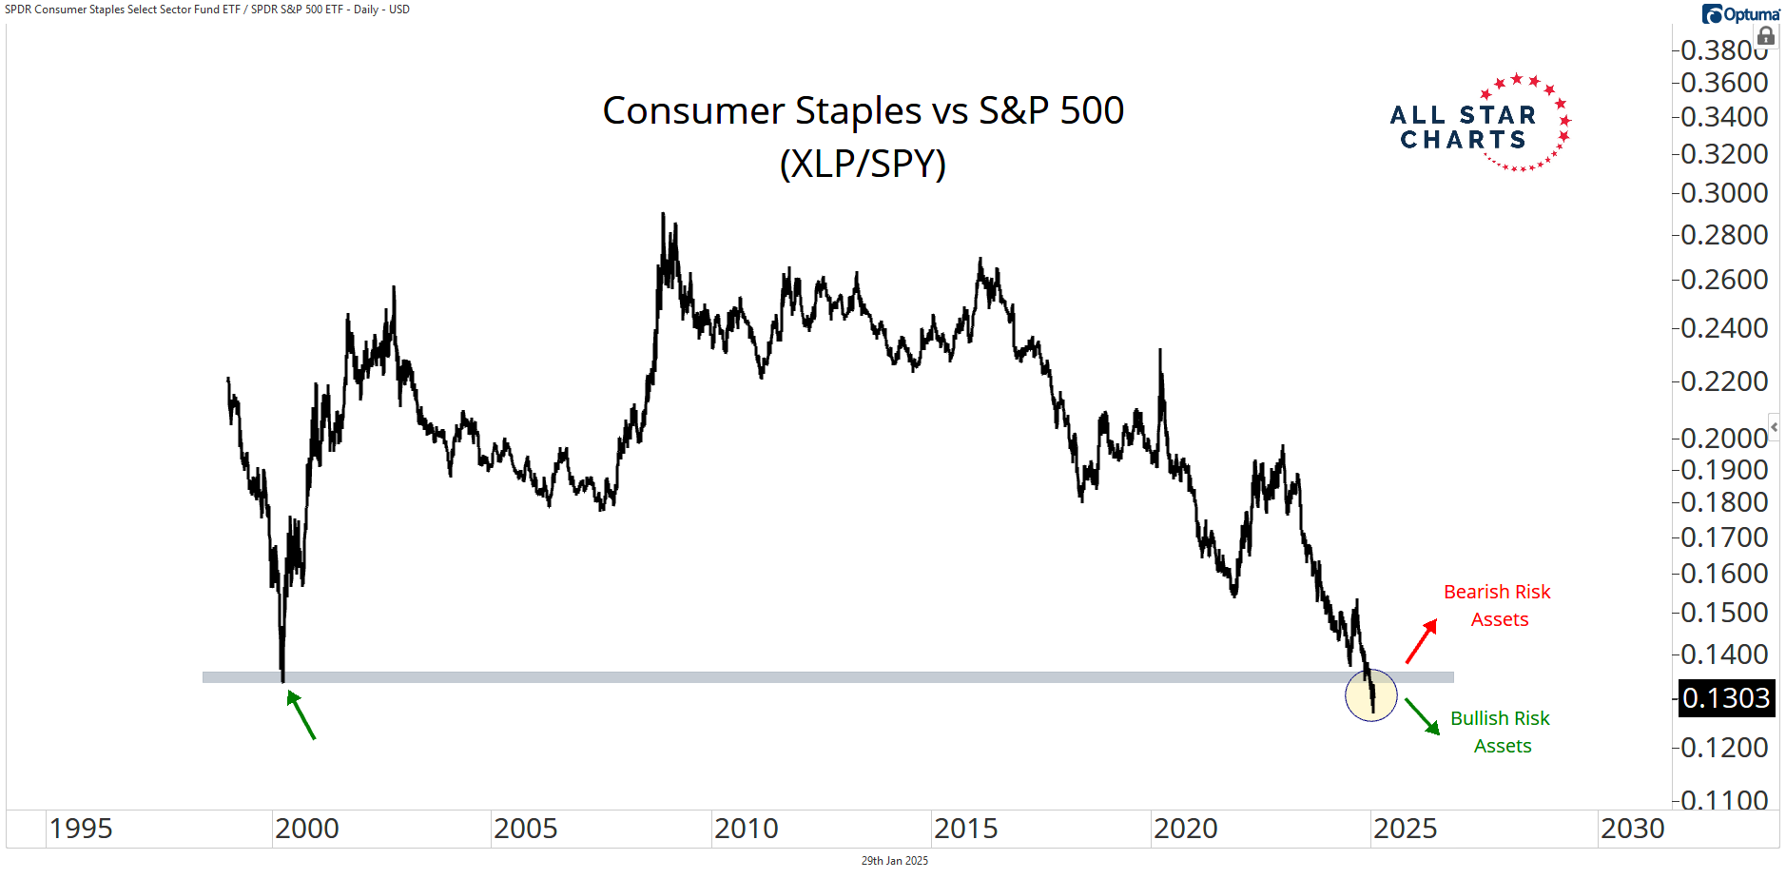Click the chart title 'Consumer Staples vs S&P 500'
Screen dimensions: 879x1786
coord(863,111)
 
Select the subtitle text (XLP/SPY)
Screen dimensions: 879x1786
coord(863,164)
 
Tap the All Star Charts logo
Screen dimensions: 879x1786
coord(1479,125)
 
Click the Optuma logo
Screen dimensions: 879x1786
coord(1740,13)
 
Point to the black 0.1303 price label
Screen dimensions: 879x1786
coord(1725,698)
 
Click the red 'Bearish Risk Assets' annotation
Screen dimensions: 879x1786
coord(1497,605)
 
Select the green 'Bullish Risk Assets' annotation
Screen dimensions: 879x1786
coord(1501,732)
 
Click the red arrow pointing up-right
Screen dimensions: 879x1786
coord(1422,640)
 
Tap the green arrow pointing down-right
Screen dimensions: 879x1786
coord(1422,716)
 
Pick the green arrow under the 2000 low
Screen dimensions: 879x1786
coord(301,714)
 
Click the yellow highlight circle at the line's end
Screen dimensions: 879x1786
coord(1370,694)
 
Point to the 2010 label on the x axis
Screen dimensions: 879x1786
coord(746,829)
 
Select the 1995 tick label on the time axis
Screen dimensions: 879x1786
coord(81,829)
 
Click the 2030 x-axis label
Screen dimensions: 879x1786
coord(1632,829)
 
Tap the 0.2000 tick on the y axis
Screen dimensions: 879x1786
coord(1724,438)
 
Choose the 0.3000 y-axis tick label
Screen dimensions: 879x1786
coord(1724,193)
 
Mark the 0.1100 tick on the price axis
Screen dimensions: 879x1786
coord(1724,800)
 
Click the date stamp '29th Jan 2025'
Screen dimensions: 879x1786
coord(894,861)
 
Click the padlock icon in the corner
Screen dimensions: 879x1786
coord(1766,36)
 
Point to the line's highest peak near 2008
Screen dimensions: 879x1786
coord(663,215)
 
